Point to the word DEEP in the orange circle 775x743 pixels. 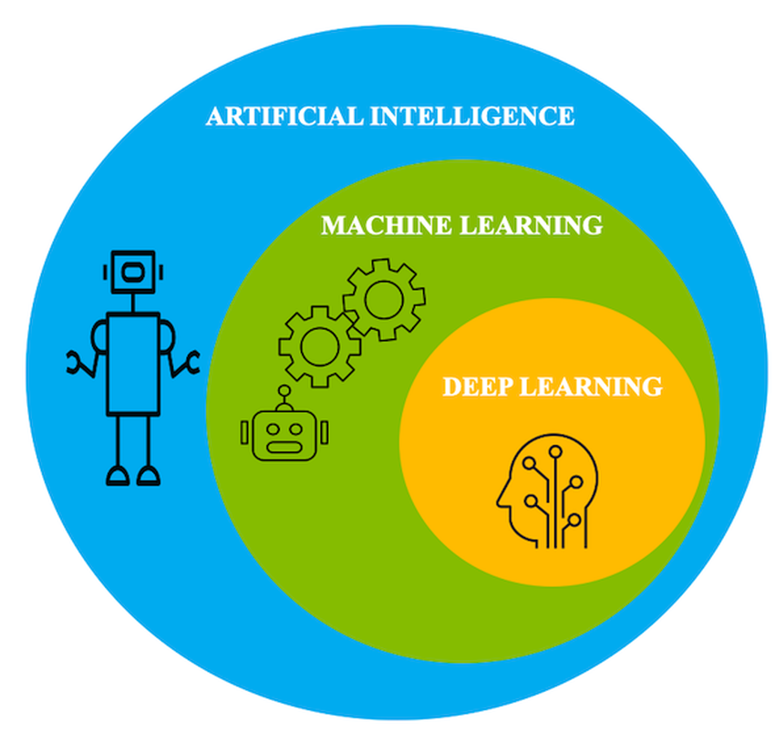pyautogui.click(x=478, y=387)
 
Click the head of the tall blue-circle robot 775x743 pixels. pyautogui.click(x=133, y=271)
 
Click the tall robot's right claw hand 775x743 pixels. pyautogui.click(x=190, y=361)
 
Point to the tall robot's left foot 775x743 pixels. pyautogui.click(x=118, y=475)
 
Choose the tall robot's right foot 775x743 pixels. pyautogui.click(x=148, y=475)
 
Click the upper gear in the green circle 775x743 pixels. pyautogui.click(x=383, y=298)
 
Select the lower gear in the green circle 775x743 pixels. pyautogui.click(x=319, y=346)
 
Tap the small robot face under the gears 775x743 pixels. pyautogui.click(x=284, y=433)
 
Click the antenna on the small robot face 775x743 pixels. pyautogui.click(x=284, y=395)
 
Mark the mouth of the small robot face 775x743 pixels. pyautogui.click(x=284, y=447)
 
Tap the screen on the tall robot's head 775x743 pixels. pyautogui.click(x=133, y=271)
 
